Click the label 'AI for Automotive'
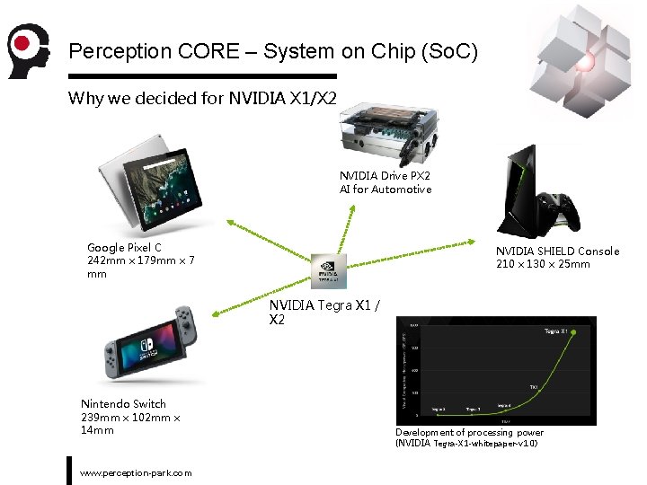click(x=385, y=190)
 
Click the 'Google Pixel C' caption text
click(x=124, y=247)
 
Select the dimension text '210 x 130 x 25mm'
click(x=543, y=264)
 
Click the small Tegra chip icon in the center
click(x=328, y=269)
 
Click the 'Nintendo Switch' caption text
click(x=123, y=404)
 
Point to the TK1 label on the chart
click(x=534, y=387)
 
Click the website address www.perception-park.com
click(x=136, y=472)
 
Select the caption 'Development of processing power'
click(x=469, y=432)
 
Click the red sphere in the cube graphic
click(x=586, y=63)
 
